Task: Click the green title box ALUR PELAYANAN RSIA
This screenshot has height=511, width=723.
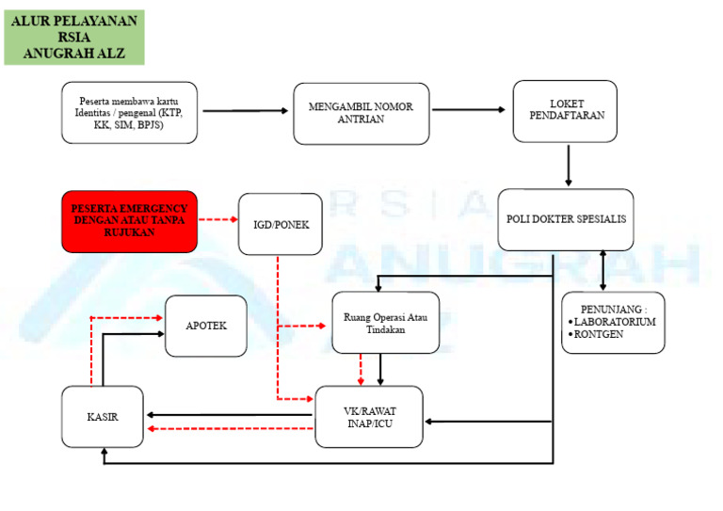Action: point(74,37)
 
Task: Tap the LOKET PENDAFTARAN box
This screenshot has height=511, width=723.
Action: point(565,111)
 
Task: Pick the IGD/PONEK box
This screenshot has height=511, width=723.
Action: point(281,224)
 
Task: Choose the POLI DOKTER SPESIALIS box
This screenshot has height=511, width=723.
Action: point(565,219)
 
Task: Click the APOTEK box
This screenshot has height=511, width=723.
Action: point(206,326)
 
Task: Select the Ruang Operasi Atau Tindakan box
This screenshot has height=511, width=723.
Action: point(386,323)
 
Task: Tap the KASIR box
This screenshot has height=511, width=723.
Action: point(103,415)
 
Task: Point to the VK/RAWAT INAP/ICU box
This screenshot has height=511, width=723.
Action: point(369,416)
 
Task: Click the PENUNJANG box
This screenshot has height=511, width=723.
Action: point(613,323)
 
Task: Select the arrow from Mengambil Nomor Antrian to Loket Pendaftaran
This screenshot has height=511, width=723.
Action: point(461,110)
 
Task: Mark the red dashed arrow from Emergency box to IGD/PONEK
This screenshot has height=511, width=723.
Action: point(217,222)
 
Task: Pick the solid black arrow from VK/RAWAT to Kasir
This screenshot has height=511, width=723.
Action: point(231,414)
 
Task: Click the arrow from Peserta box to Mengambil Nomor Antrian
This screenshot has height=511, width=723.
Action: point(245,111)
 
